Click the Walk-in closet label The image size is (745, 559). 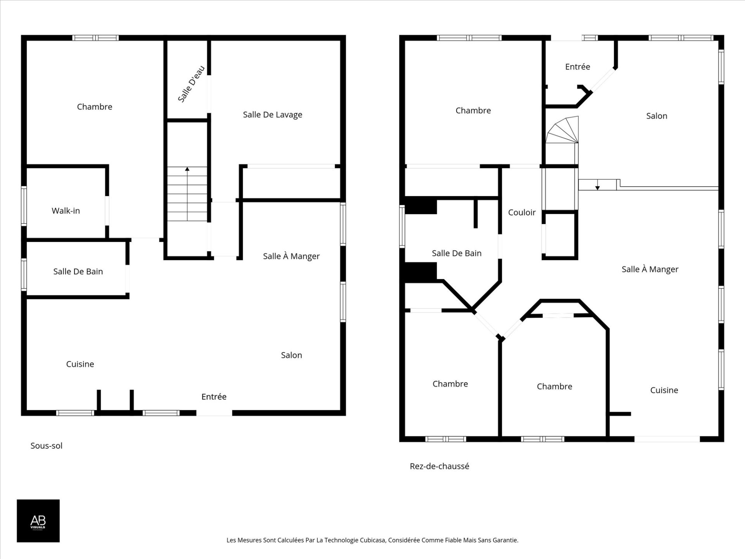[66, 211]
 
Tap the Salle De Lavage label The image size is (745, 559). [272, 115]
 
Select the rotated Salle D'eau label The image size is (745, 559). [191, 84]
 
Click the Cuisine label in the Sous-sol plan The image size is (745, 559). [80, 364]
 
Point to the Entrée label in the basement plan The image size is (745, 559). [214, 396]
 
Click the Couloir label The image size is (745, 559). [522, 212]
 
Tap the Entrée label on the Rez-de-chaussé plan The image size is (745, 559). [577, 67]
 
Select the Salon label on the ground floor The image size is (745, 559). [657, 116]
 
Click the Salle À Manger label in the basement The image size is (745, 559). [291, 256]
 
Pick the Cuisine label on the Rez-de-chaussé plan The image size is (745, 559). [664, 390]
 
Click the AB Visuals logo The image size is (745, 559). [38, 521]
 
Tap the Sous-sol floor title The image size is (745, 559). [47, 446]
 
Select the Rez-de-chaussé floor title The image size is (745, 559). [440, 466]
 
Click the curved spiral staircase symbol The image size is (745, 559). [562, 130]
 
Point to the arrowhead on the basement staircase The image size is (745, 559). [187, 169]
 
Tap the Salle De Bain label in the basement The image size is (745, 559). [78, 272]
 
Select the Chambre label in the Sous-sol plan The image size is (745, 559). [95, 107]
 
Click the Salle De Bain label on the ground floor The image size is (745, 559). [457, 253]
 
